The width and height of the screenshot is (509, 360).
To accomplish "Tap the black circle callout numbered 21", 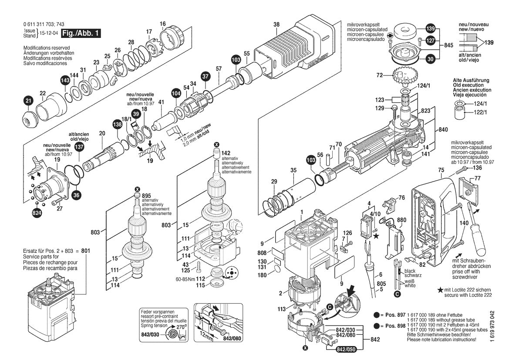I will point(28,101).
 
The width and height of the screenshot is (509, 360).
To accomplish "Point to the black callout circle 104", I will point(176,93).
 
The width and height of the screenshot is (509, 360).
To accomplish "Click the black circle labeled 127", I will point(430,41).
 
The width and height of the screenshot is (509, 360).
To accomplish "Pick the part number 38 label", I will point(276,24).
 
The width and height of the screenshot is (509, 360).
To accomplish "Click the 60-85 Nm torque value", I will point(185,279).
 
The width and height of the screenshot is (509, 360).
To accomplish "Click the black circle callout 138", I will point(117,124).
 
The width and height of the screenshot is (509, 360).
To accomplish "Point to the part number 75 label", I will point(441,170).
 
